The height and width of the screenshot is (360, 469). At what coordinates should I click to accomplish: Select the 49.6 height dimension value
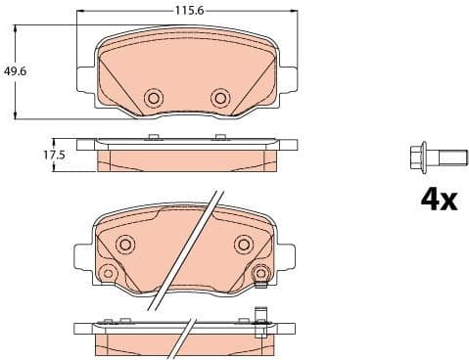[14, 70]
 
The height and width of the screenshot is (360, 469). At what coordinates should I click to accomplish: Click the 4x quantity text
[438, 200]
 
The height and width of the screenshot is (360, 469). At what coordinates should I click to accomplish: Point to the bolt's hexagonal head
[415, 157]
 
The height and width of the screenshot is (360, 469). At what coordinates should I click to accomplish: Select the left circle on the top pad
[153, 98]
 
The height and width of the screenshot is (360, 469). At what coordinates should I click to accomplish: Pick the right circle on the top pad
[219, 98]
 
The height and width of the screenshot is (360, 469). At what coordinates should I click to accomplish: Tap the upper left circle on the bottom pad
[125, 245]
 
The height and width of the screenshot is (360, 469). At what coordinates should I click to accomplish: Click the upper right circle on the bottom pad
[242, 245]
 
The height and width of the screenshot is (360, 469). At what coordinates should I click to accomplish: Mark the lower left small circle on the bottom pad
[109, 273]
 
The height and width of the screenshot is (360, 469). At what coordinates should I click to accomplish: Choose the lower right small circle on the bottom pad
[259, 274]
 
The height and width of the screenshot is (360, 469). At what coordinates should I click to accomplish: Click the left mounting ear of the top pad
[82, 71]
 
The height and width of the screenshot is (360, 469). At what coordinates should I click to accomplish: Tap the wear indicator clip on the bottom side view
[260, 321]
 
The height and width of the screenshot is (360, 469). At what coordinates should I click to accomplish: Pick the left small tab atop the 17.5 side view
[151, 136]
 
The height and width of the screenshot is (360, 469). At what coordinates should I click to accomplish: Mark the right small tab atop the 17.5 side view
[221, 136]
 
